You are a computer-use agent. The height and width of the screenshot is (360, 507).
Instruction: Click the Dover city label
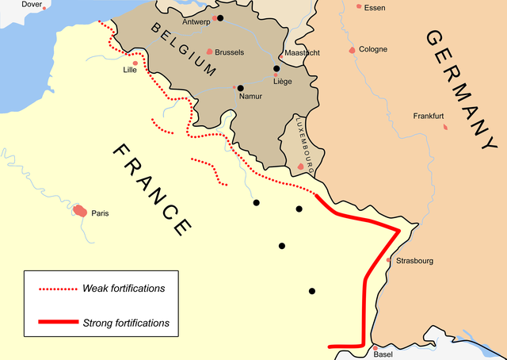(32, 5)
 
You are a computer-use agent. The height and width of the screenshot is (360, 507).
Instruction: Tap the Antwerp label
(196, 22)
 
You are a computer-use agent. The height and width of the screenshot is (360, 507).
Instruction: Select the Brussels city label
(229, 52)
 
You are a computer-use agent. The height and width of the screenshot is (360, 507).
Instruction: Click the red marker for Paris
(80, 211)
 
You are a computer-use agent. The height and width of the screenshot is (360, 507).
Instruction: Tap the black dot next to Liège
(276, 68)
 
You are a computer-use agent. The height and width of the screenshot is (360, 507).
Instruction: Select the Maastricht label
(299, 53)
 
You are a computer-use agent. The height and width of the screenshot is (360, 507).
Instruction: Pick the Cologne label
(373, 49)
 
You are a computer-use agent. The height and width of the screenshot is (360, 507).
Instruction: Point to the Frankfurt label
(429, 117)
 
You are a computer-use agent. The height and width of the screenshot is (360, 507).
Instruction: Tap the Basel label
(383, 354)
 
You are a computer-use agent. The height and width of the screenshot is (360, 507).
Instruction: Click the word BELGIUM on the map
(183, 49)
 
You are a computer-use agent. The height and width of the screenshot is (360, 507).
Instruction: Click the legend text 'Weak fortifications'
(124, 288)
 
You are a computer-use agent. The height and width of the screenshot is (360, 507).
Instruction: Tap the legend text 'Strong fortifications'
(126, 323)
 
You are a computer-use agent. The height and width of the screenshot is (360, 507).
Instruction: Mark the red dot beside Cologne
(352, 50)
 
